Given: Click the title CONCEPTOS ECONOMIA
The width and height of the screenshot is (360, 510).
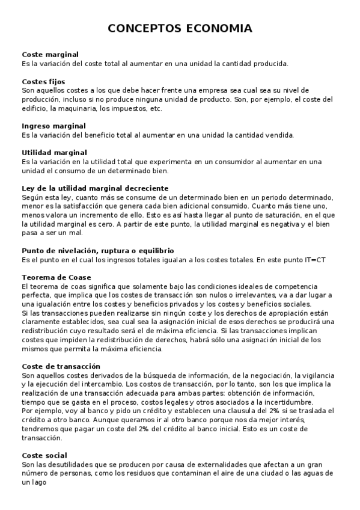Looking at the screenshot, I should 180,29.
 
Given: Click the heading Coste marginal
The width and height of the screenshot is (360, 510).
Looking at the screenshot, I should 50,55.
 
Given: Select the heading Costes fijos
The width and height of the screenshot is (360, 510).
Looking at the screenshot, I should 43,82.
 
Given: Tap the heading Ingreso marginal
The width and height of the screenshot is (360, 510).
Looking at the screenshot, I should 53,126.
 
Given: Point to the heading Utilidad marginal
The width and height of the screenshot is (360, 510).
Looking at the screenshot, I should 54,153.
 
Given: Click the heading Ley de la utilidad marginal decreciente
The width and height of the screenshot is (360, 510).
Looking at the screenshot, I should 95,188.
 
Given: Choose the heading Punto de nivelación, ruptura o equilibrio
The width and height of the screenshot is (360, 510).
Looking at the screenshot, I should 97,250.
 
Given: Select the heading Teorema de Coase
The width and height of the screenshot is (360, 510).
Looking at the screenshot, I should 56,277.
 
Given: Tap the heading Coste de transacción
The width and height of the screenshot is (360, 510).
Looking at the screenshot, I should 61,366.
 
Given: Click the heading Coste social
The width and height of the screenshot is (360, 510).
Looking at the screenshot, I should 44,455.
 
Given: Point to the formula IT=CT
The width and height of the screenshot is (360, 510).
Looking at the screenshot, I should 313,259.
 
